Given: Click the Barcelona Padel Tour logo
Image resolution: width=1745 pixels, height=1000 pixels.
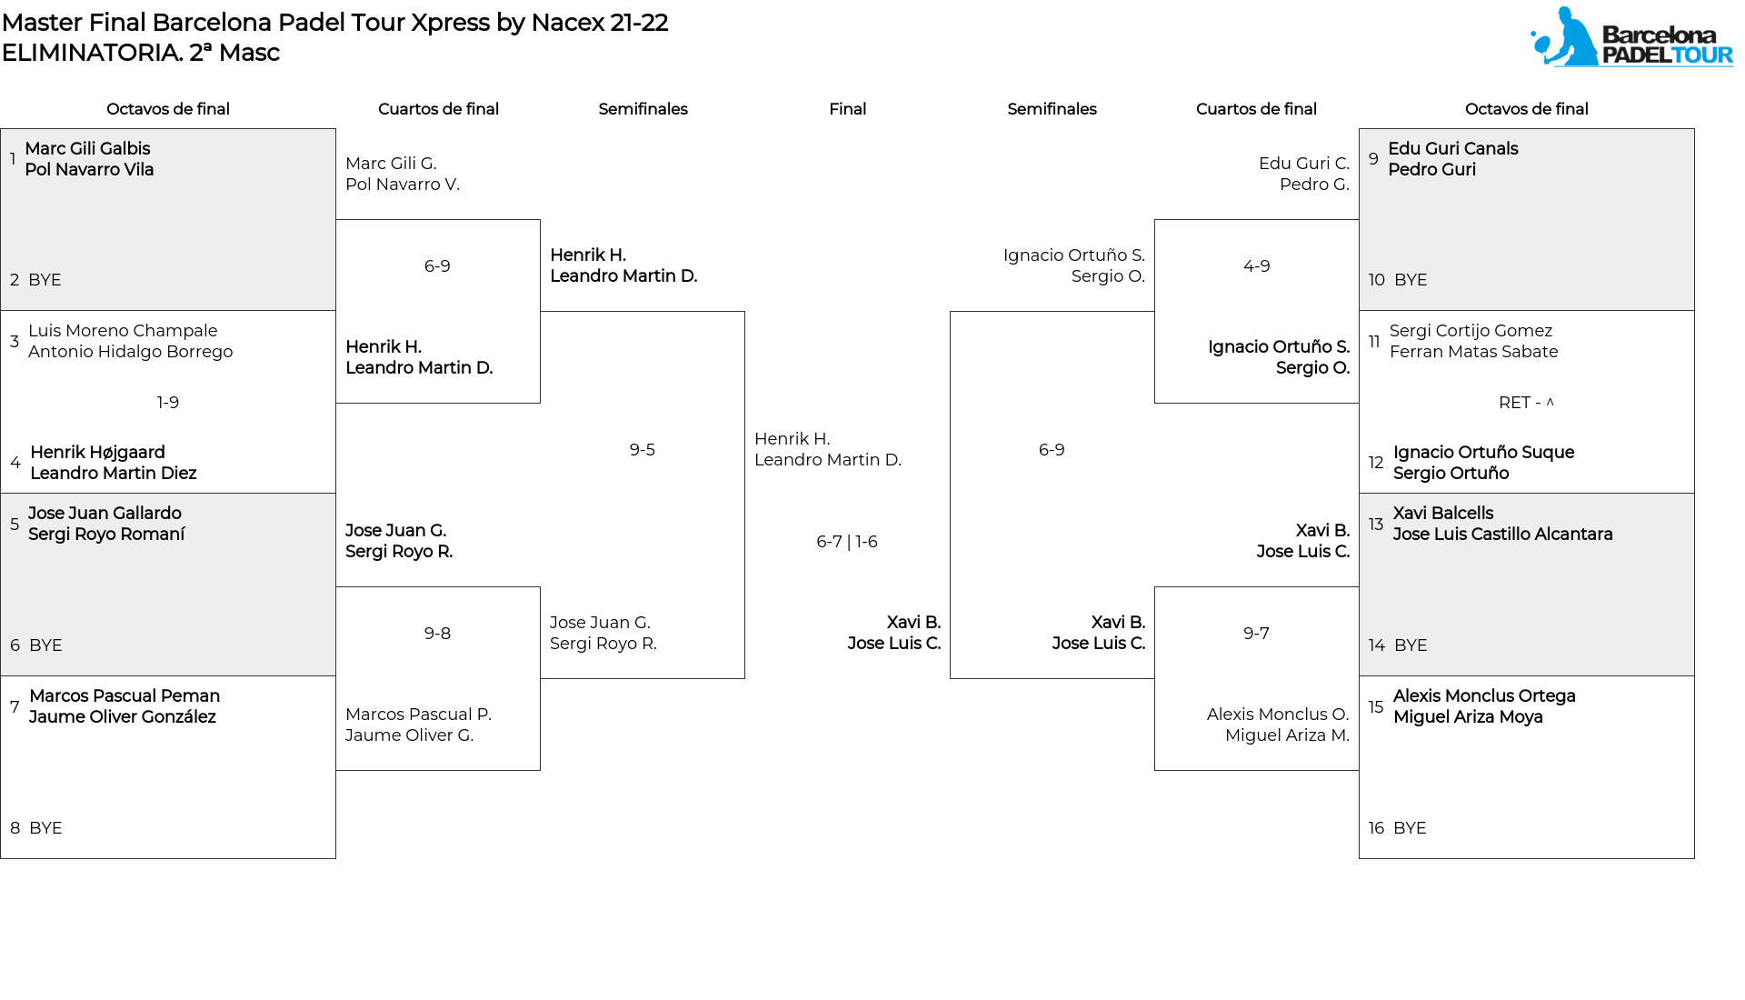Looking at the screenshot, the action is point(1631,37).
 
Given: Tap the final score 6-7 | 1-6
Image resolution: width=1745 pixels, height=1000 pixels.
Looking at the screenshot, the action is point(847,542).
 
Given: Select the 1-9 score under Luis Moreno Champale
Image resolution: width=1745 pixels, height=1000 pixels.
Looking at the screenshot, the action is point(168,403).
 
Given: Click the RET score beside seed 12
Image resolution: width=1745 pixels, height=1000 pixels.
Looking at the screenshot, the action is point(1526,403).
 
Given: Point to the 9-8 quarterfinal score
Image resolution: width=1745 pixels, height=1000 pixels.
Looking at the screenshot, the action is point(437,634).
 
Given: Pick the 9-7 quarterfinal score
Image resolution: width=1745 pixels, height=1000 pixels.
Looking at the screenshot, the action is point(1256,634).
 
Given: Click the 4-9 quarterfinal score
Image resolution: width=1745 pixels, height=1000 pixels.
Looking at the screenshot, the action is point(1256,266).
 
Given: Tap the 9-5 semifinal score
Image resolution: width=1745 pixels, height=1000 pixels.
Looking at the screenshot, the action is point(643,450).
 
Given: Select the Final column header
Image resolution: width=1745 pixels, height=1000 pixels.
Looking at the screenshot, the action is point(847,109).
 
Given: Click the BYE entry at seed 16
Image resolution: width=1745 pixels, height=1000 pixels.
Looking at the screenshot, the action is point(1410,828).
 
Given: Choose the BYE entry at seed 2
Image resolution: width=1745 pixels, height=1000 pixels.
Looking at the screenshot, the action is point(45,280).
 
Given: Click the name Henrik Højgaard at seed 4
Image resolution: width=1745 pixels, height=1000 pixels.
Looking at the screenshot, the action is point(97,452).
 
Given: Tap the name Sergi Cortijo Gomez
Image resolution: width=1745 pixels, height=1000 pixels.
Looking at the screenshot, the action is point(1471,331).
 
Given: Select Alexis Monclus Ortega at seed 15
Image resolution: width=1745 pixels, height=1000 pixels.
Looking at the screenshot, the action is point(1484,696).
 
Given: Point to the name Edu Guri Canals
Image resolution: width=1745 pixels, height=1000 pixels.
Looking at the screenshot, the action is point(1453,148).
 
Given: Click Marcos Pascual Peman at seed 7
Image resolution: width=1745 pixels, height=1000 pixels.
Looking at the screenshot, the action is point(125,696).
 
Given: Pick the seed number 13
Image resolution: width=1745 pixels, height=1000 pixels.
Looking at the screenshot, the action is point(1376,525).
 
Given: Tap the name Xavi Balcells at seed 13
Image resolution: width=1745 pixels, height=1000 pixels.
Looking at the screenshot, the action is point(1443,514).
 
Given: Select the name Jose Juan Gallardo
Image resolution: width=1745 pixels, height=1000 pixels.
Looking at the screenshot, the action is point(105,514).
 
